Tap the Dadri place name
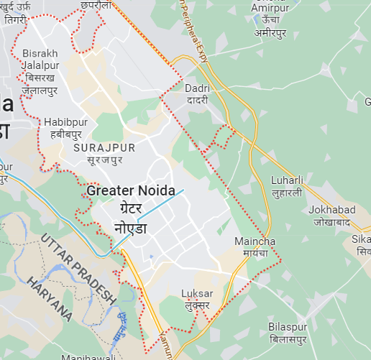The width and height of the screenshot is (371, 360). point(197,88)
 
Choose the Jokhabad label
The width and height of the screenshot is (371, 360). point(331,210)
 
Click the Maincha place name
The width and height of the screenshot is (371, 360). point(251,241)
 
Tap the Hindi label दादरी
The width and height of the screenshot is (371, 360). point(197,101)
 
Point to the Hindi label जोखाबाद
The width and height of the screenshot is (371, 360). point(333,222)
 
